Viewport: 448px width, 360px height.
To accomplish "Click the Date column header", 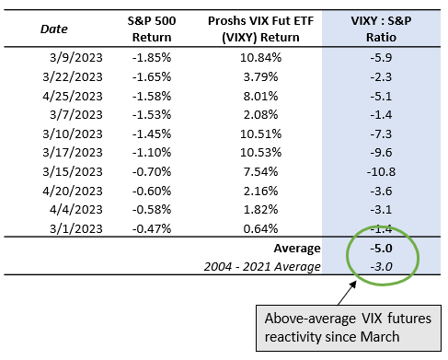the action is click(x=54, y=29).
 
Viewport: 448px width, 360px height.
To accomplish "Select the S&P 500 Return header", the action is click(x=152, y=29).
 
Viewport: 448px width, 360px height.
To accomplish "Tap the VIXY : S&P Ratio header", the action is click(x=381, y=29).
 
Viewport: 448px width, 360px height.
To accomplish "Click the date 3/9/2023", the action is click(x=76, y=57).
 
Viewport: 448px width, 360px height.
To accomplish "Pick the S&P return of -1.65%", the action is click(x=152, y=76).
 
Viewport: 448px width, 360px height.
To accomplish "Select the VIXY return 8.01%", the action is click(x=260, y=96).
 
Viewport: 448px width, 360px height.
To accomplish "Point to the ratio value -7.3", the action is click(x=381, y=134).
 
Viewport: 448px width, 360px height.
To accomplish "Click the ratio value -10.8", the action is click(x=381, y=171).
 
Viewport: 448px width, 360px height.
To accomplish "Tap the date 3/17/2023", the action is click(x=73, y=153).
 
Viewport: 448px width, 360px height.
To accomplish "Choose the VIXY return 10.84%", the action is click(x=260, y=57).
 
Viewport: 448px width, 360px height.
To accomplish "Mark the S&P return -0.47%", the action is click(x=152, y=228).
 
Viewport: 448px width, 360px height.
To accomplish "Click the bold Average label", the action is click(x=297, y=249).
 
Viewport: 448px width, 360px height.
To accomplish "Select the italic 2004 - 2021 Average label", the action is click(x=262, y=267).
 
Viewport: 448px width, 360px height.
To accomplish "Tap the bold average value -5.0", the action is click(x=381, y=249).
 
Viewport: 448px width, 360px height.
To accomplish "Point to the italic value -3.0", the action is click(x=381, y=267).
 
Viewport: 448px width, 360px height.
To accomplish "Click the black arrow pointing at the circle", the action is click(x=347, y=293).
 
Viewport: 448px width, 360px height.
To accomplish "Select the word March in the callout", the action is click(x=380, y=337).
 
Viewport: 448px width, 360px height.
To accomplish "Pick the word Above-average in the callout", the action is click(x=310, y=319).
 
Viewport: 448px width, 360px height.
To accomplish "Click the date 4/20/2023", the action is click(x=73, y=192).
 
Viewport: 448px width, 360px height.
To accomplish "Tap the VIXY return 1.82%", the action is click(x=260, y=210).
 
